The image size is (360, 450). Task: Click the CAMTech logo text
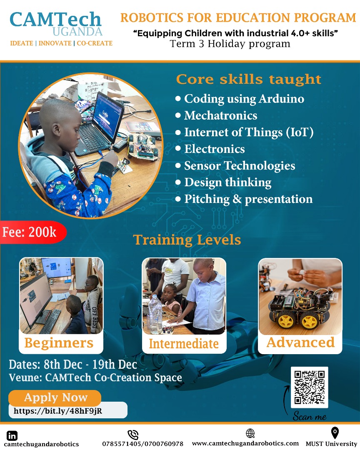coord(55,20)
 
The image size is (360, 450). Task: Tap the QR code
coord(309,387)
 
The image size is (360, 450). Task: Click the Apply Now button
coord(55,397)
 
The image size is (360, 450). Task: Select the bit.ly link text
coord(58,411)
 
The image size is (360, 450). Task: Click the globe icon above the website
coord(250,433)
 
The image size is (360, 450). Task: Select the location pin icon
coord(335,432)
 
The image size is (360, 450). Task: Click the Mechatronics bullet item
coord(220,115)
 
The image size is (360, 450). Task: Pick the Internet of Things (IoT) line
coord(249,132)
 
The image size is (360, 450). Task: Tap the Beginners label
coord(59,342)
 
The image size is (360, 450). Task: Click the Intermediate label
coord(184,344)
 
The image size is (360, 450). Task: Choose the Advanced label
coord(300,342)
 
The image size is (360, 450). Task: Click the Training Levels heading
coord(187,240)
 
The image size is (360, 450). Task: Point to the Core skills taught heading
coord(249,79)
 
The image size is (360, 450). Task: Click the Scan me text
coord(309,415)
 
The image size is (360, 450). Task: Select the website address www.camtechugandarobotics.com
coord(245,443)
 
